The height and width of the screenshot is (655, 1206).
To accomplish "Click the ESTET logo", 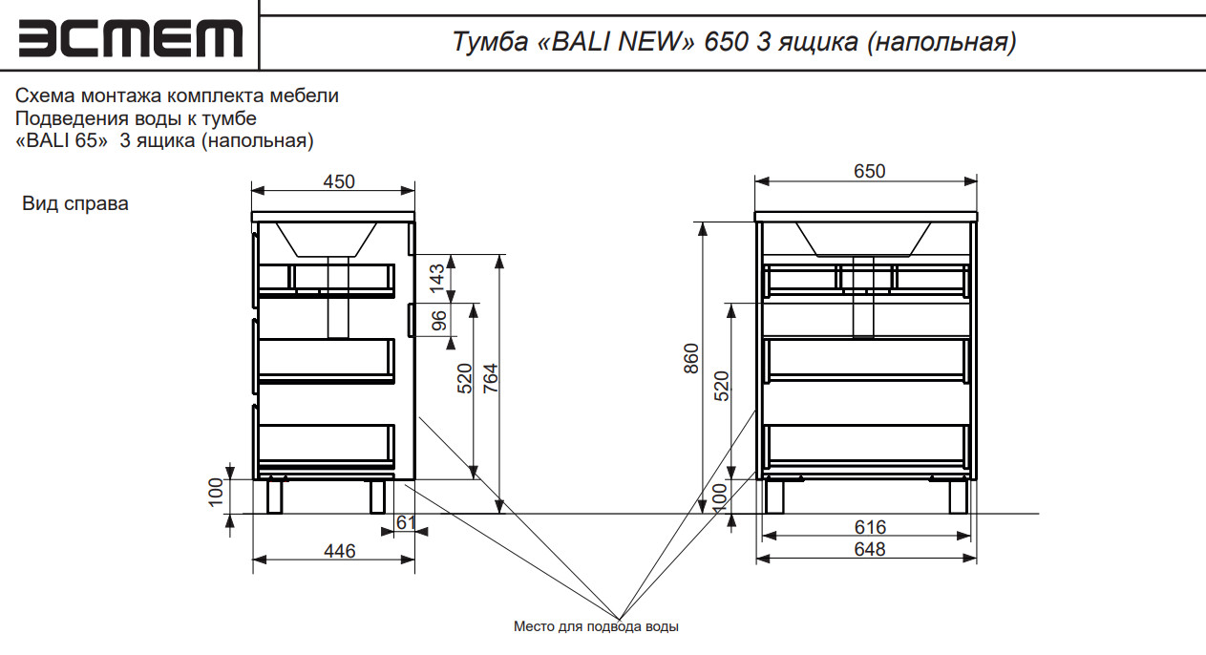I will pos(131,37).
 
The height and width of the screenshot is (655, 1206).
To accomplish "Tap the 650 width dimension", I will pos(869,172).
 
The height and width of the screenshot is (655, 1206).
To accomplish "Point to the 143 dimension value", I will pos(436,278).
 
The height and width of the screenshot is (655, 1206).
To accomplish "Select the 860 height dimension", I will pos(692,358).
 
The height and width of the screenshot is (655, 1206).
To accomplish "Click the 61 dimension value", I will pos(406,523).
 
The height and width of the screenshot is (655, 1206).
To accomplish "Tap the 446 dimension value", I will pos(339,551).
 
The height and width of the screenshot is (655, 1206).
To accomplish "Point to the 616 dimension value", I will pos(870,527).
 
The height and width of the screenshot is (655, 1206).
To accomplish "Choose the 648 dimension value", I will pos(870,550).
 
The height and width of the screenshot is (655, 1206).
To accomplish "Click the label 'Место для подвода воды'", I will pos(597,627).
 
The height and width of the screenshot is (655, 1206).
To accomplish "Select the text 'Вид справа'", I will pos(74,204).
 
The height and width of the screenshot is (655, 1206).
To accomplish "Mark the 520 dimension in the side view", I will pos(465,379).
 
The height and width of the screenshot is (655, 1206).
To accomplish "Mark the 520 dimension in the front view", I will pos(722,386).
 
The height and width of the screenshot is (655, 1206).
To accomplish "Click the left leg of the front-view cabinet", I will pos(774,496).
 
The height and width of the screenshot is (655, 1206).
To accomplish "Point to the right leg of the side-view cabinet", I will pos(377,497).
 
